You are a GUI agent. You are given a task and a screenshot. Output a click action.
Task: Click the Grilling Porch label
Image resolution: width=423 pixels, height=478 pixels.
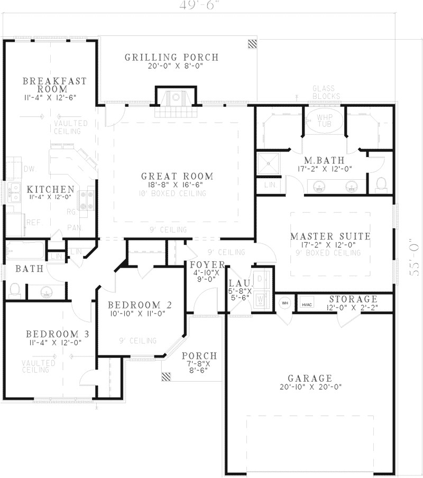pyautogui.click(x=171, y=57)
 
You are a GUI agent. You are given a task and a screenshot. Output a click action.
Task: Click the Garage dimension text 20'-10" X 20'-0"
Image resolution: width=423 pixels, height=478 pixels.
pyautogui.click(x=310, y=387)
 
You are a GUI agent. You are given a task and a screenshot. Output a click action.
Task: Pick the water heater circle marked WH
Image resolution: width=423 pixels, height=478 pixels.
pyautogui.click(x=284, y=304)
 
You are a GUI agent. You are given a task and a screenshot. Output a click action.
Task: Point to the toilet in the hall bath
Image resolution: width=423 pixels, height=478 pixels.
pyautogui.click(x=15, y=290)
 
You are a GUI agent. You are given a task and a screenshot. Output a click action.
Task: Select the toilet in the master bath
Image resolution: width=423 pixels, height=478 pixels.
pyautogui.click(x=380, y=184)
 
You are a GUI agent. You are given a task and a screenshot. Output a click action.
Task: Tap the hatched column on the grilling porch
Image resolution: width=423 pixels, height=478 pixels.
pyautogui.click(x=253, y=43)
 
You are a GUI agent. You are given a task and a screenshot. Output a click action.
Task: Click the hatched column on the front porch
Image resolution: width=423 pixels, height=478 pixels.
pyautogui.click(x=167, y=376)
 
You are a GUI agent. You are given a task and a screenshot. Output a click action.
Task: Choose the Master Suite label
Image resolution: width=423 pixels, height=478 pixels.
pyautogui.click(x=330, y=236)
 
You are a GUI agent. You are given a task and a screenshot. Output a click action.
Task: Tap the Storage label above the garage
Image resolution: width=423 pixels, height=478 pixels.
pyautogui.click(x=353, y=299)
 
